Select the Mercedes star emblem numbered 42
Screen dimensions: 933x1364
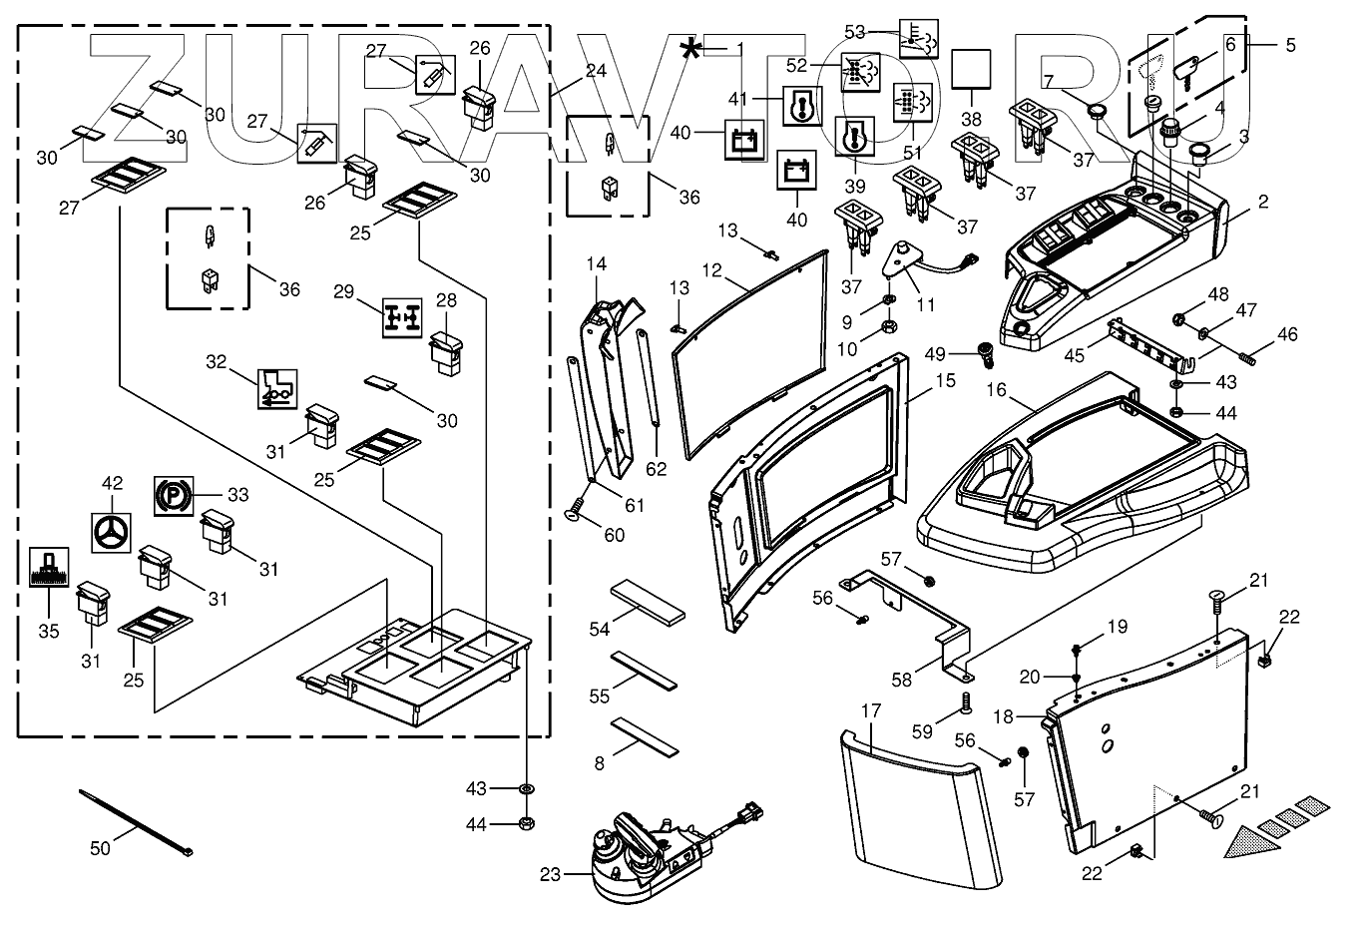coord(112,532)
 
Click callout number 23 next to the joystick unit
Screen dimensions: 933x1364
coord(551,876)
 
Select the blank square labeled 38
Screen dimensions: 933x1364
coord(971,70)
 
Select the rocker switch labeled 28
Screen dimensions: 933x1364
coord(444,354)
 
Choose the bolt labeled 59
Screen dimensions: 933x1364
coord(966,704)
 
